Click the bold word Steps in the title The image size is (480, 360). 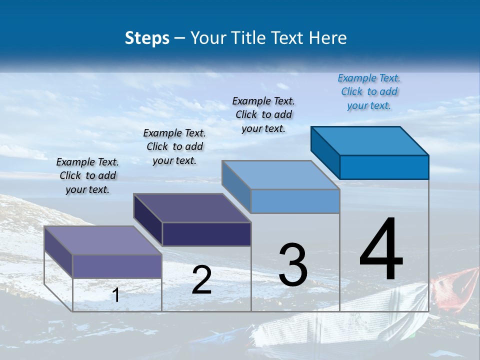[x=147, y=38]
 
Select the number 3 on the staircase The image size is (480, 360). [x=293, y=265]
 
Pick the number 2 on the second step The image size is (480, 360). [x=201, y=280]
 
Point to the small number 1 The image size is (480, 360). [x=115, y=295]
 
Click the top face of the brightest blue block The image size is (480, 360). [x=370, y=140]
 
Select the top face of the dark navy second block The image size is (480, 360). [x=192, y=208]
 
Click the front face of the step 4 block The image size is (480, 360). [x=384, y=167]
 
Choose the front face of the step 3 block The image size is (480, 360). [x=295, y=201]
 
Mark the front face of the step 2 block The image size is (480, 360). [x=206, y=234]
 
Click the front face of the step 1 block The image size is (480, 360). [x=117, y=266]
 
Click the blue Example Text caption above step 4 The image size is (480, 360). [x=369, y=91]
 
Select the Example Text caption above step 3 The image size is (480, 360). [x=263, y=114]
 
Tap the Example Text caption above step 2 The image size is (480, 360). [x=174, y=146]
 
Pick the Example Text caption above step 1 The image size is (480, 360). [x=87, y=175]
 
